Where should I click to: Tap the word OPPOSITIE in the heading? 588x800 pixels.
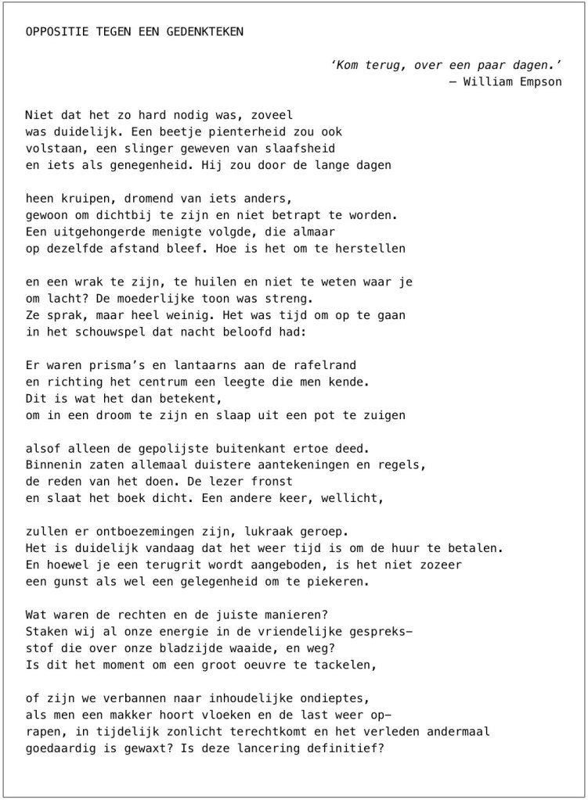(54, 31)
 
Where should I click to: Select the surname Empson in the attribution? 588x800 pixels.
(542, 81)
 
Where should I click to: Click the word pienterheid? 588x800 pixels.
(225, 131)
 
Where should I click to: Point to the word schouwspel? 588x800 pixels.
(100, 332)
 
